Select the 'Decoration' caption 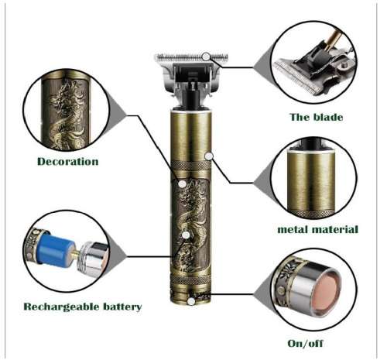tap(68, 161)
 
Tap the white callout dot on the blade tap(206, 56)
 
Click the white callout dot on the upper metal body tap(208, 156)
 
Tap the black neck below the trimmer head tap(189, 101)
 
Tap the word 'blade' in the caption tap(333, 117)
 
